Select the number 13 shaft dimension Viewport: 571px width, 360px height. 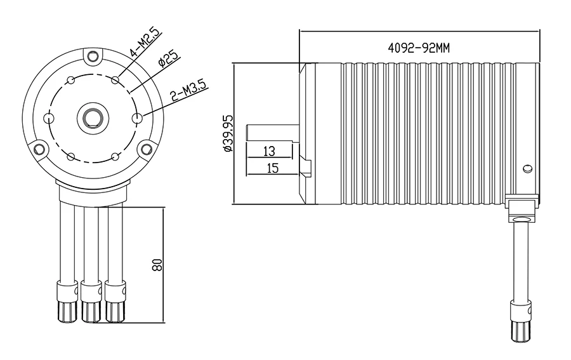click(268, 150)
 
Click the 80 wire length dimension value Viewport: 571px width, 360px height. click(158, 264)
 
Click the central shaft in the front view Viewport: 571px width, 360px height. click(93, 117)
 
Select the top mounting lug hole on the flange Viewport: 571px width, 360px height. click(93, 59)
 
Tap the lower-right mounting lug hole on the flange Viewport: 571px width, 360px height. click(147, 149)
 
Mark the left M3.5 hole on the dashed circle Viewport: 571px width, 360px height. click(49, 117)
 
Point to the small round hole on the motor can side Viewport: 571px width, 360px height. click(526, 168)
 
